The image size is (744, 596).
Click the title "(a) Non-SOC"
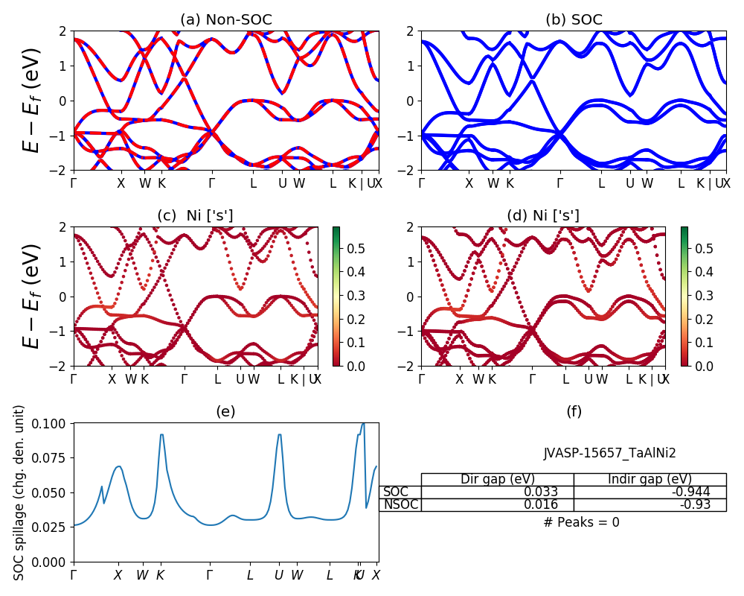point(225,19)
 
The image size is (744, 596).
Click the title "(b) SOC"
point(574,19)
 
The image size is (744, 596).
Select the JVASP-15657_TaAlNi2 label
point(609,452)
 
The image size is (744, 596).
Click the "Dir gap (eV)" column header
point(498,479)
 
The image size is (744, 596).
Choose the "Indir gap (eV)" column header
point(650,479)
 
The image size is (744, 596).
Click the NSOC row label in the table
point(400,504)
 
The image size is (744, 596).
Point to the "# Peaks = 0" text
point(581,522)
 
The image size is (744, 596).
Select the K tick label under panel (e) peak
point(160,575)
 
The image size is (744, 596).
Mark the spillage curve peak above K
point(162,435)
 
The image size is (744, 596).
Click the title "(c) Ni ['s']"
point(195,216)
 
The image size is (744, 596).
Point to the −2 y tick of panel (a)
point(59,171)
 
